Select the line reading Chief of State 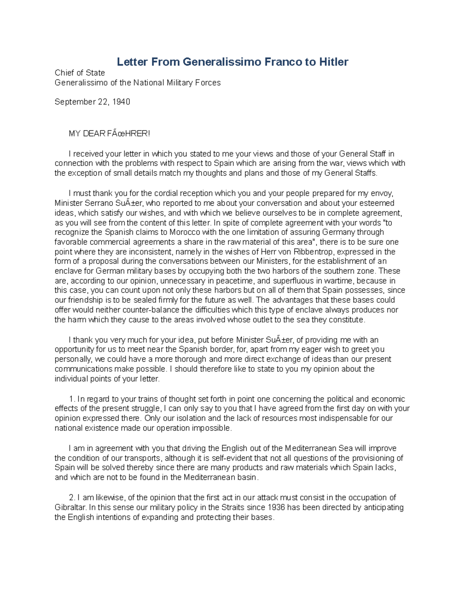pyautogui.click(x=79, y=73)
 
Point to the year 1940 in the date pyautogui.click(x=121, y=102)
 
